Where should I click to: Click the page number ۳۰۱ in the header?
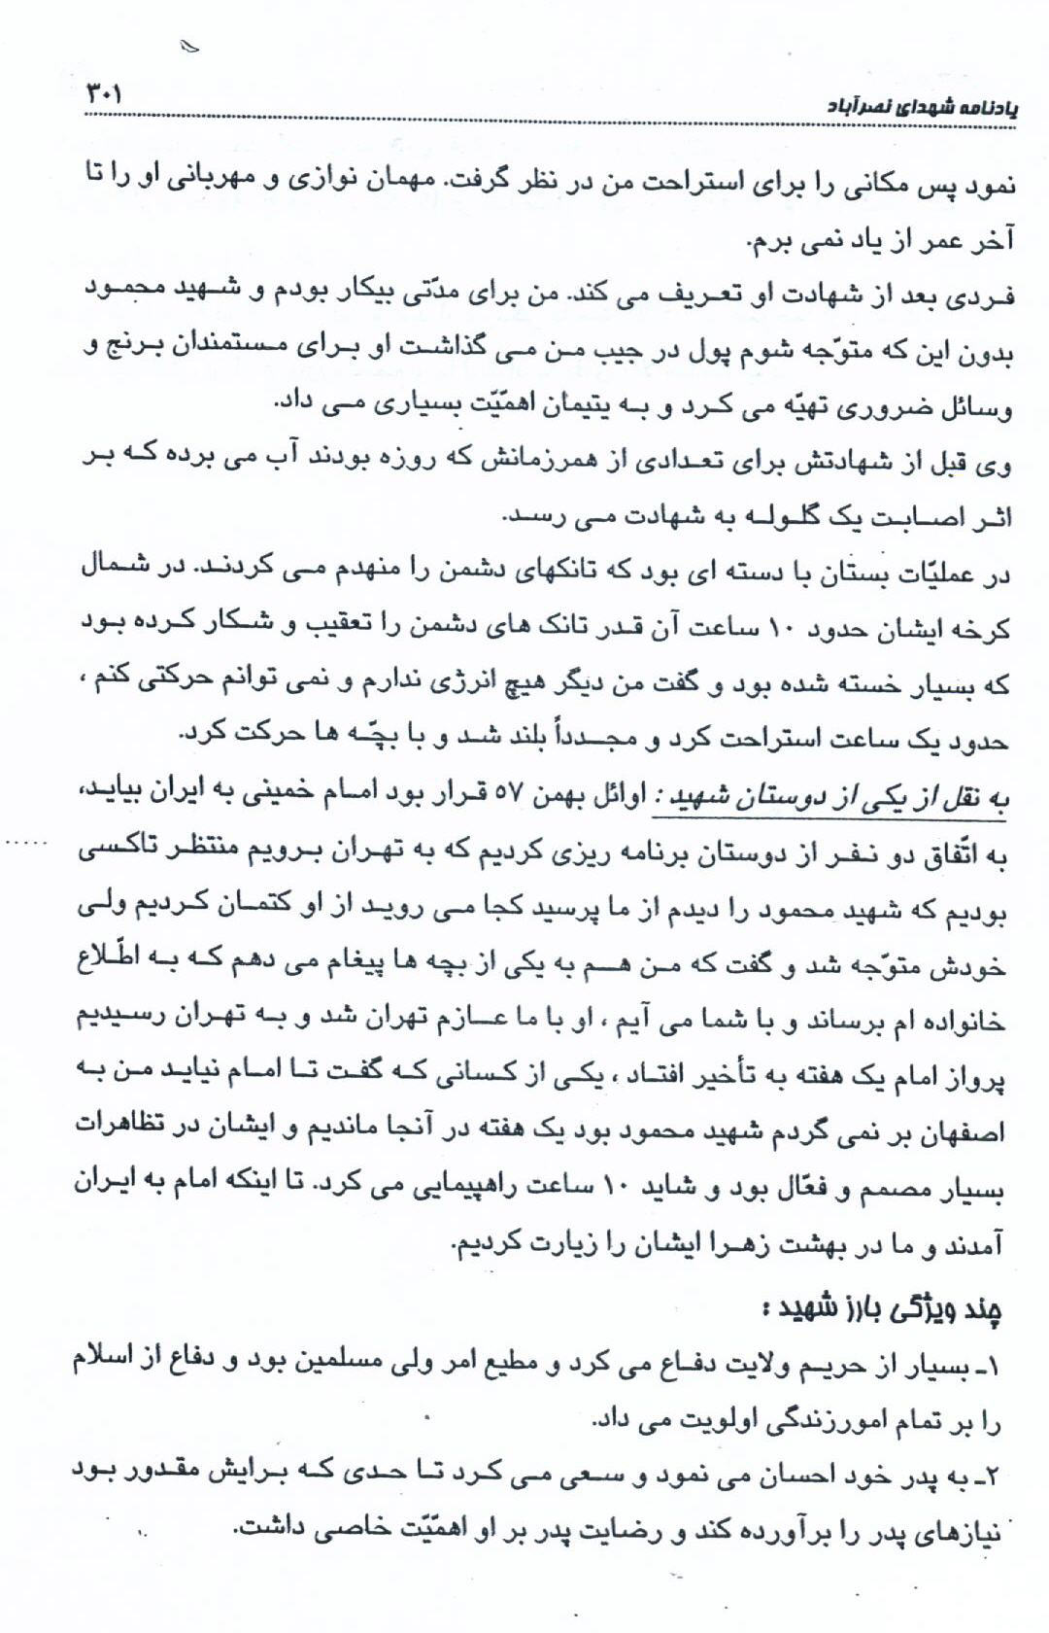101,94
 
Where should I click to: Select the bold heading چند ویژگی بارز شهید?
882,1309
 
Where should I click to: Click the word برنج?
135,350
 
